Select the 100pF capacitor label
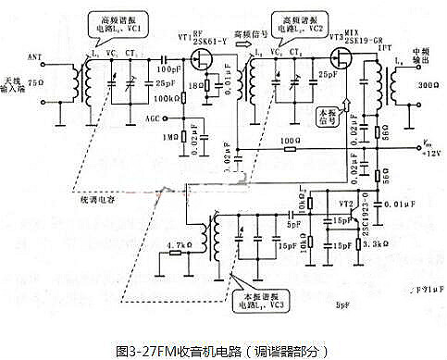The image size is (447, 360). click(168, 69)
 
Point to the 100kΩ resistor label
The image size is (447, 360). click(168, 98)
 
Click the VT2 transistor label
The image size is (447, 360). click(345, 202)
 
